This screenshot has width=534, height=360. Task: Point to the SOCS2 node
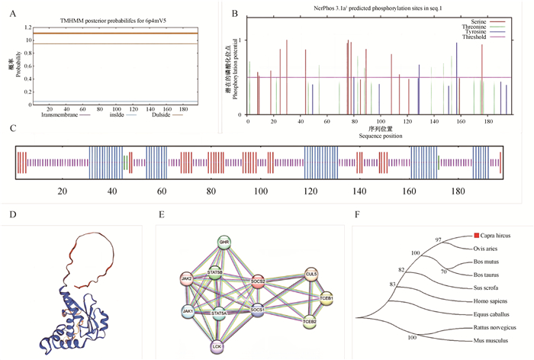click(x=256, y=281)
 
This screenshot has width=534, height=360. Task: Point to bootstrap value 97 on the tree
click(x=439, y=239)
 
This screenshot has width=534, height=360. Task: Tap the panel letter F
click(x=357, y=215)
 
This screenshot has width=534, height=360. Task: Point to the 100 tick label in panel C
click(x=261, y=191)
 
